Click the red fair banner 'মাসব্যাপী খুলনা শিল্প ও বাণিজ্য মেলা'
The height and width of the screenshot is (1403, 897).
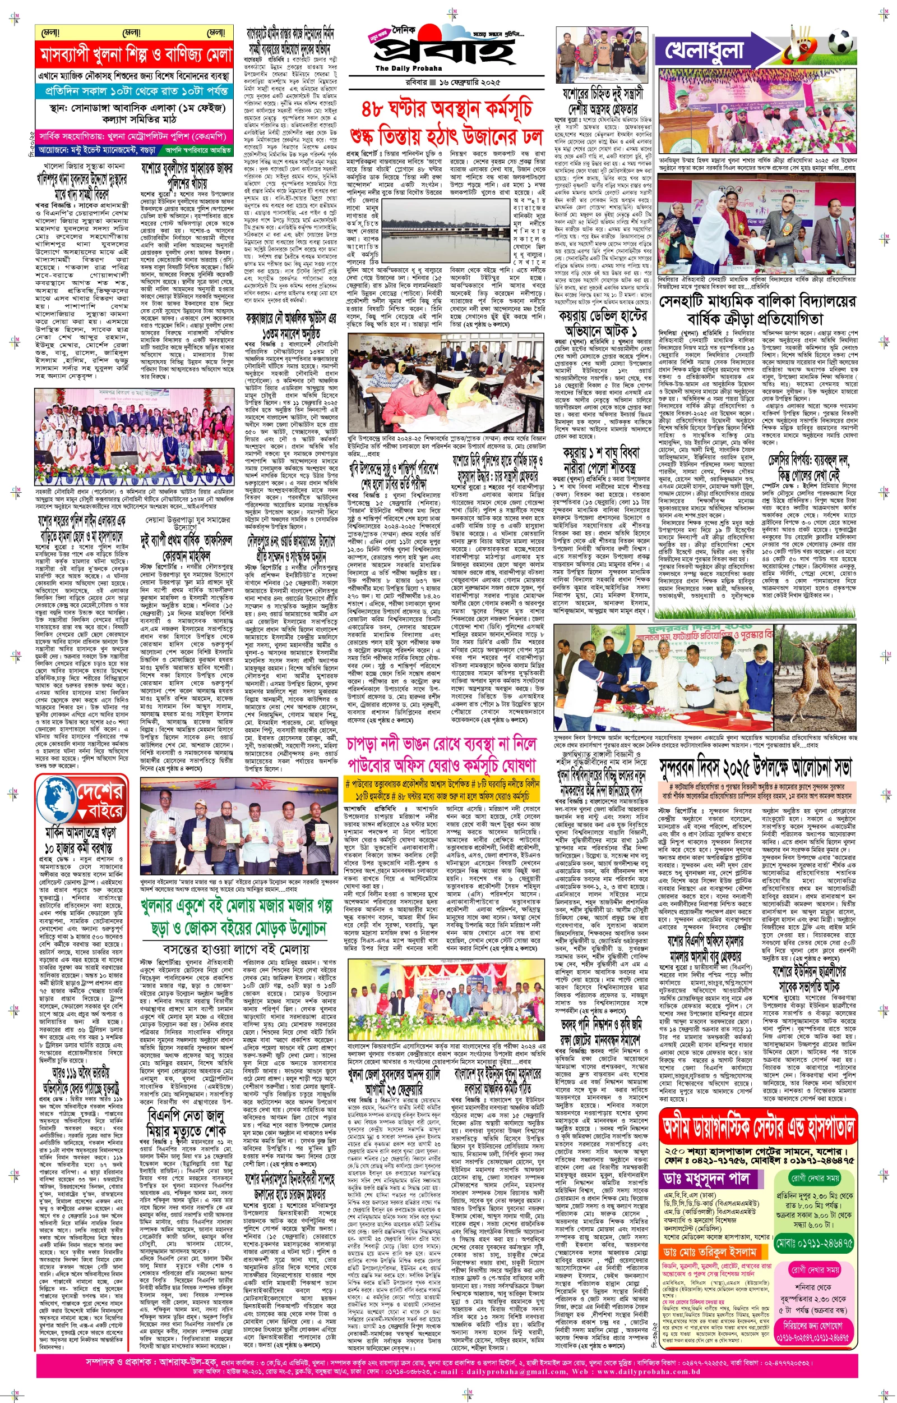point(136,56)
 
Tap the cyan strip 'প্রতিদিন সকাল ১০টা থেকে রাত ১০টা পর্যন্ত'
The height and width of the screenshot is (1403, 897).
point(136,91)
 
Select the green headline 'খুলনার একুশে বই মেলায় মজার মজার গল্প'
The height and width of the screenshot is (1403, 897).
point(233,906)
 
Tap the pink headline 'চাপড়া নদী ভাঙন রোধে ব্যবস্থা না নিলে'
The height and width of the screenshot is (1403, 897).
point(441,744)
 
